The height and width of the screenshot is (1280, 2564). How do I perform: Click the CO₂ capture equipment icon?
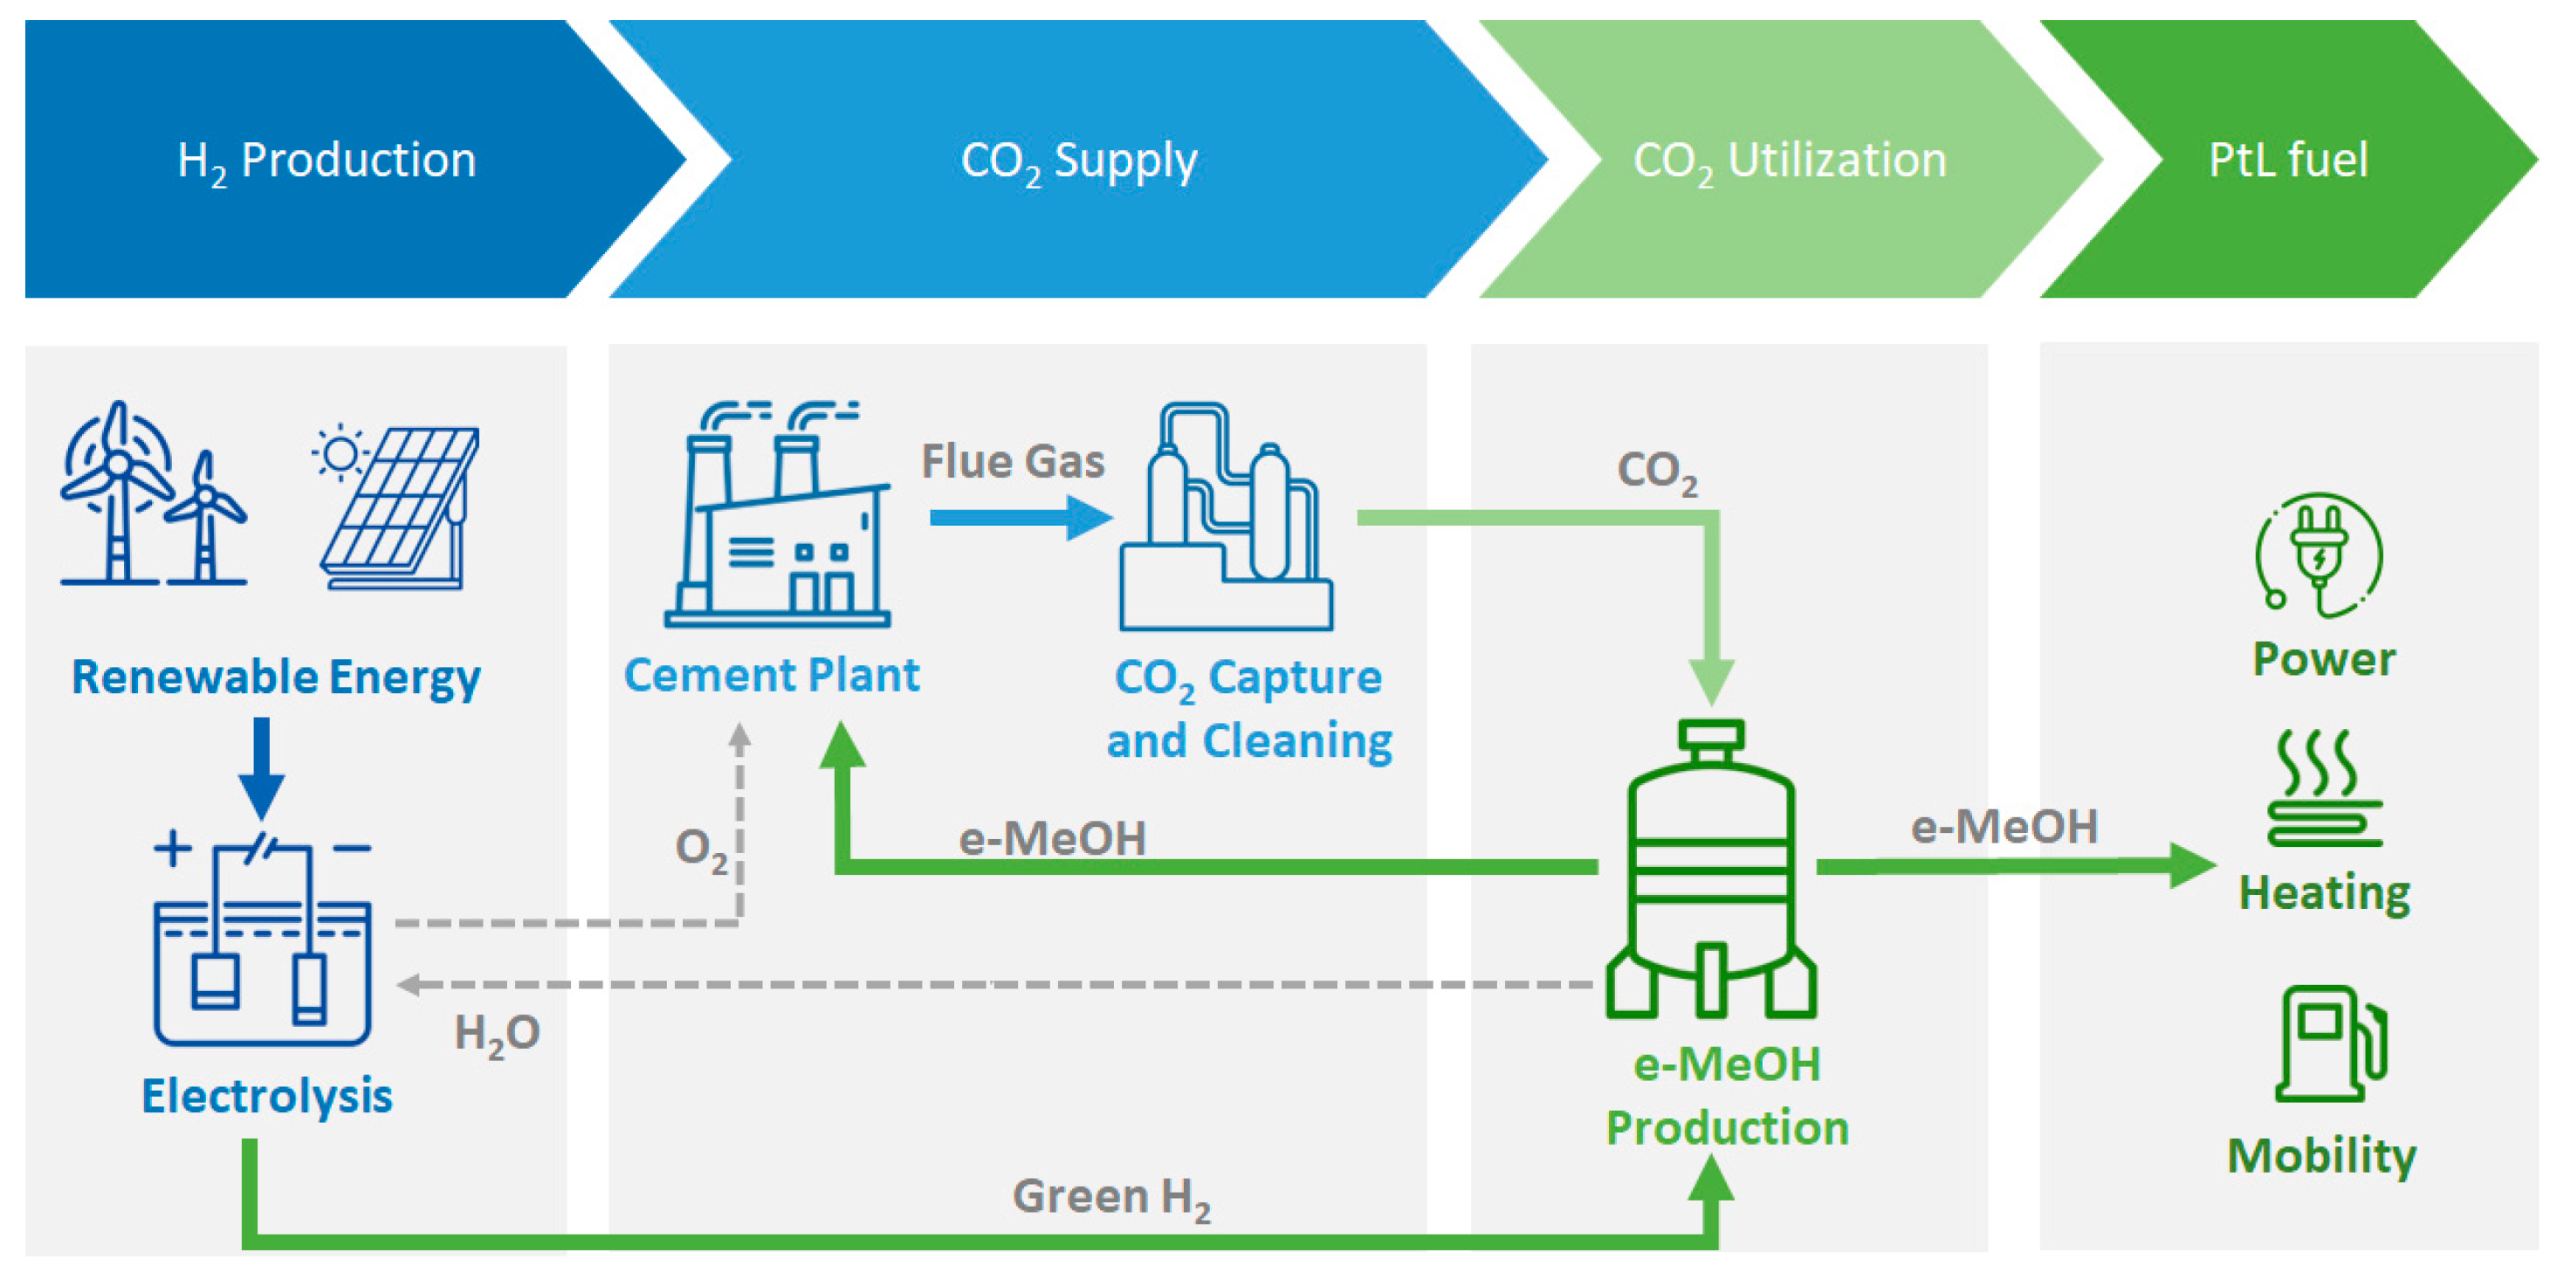coord(1226,518)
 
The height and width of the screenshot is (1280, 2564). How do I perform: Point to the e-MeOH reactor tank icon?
coord(1711,870)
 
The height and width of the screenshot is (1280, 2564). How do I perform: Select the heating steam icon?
coord(2324,788)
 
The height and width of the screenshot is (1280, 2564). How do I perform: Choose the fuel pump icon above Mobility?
coord(2330,1043)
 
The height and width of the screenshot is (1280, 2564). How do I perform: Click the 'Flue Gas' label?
coord(1013,462)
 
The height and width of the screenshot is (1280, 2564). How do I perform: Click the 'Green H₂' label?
coord(1110,1197)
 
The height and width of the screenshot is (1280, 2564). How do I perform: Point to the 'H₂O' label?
coord(497,1034)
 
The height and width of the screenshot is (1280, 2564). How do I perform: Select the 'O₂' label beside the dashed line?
coord(701,849)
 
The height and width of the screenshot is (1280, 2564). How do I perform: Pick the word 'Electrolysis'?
coord(267,1096)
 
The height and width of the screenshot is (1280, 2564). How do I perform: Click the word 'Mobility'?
coord(2321,1156)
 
